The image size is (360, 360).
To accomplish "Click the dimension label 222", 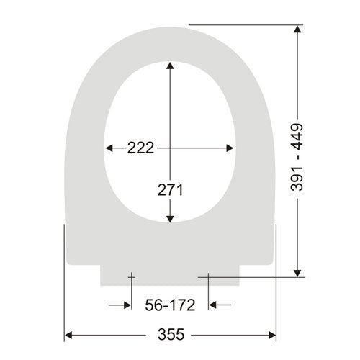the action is [140, 148].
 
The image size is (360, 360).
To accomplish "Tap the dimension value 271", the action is [171, 190].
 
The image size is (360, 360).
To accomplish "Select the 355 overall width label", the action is [171, 334].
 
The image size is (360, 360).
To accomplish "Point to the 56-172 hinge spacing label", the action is [170, 305].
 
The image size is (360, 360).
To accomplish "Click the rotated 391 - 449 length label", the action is [297, 157].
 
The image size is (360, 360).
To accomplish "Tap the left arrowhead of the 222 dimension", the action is [109, 148].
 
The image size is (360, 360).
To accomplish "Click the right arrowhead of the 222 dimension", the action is [230, 148].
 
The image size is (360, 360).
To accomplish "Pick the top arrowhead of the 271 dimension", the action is [170, 66].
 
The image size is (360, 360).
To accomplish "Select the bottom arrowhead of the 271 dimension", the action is [170, 220].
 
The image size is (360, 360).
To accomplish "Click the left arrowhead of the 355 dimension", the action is [68, 335].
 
